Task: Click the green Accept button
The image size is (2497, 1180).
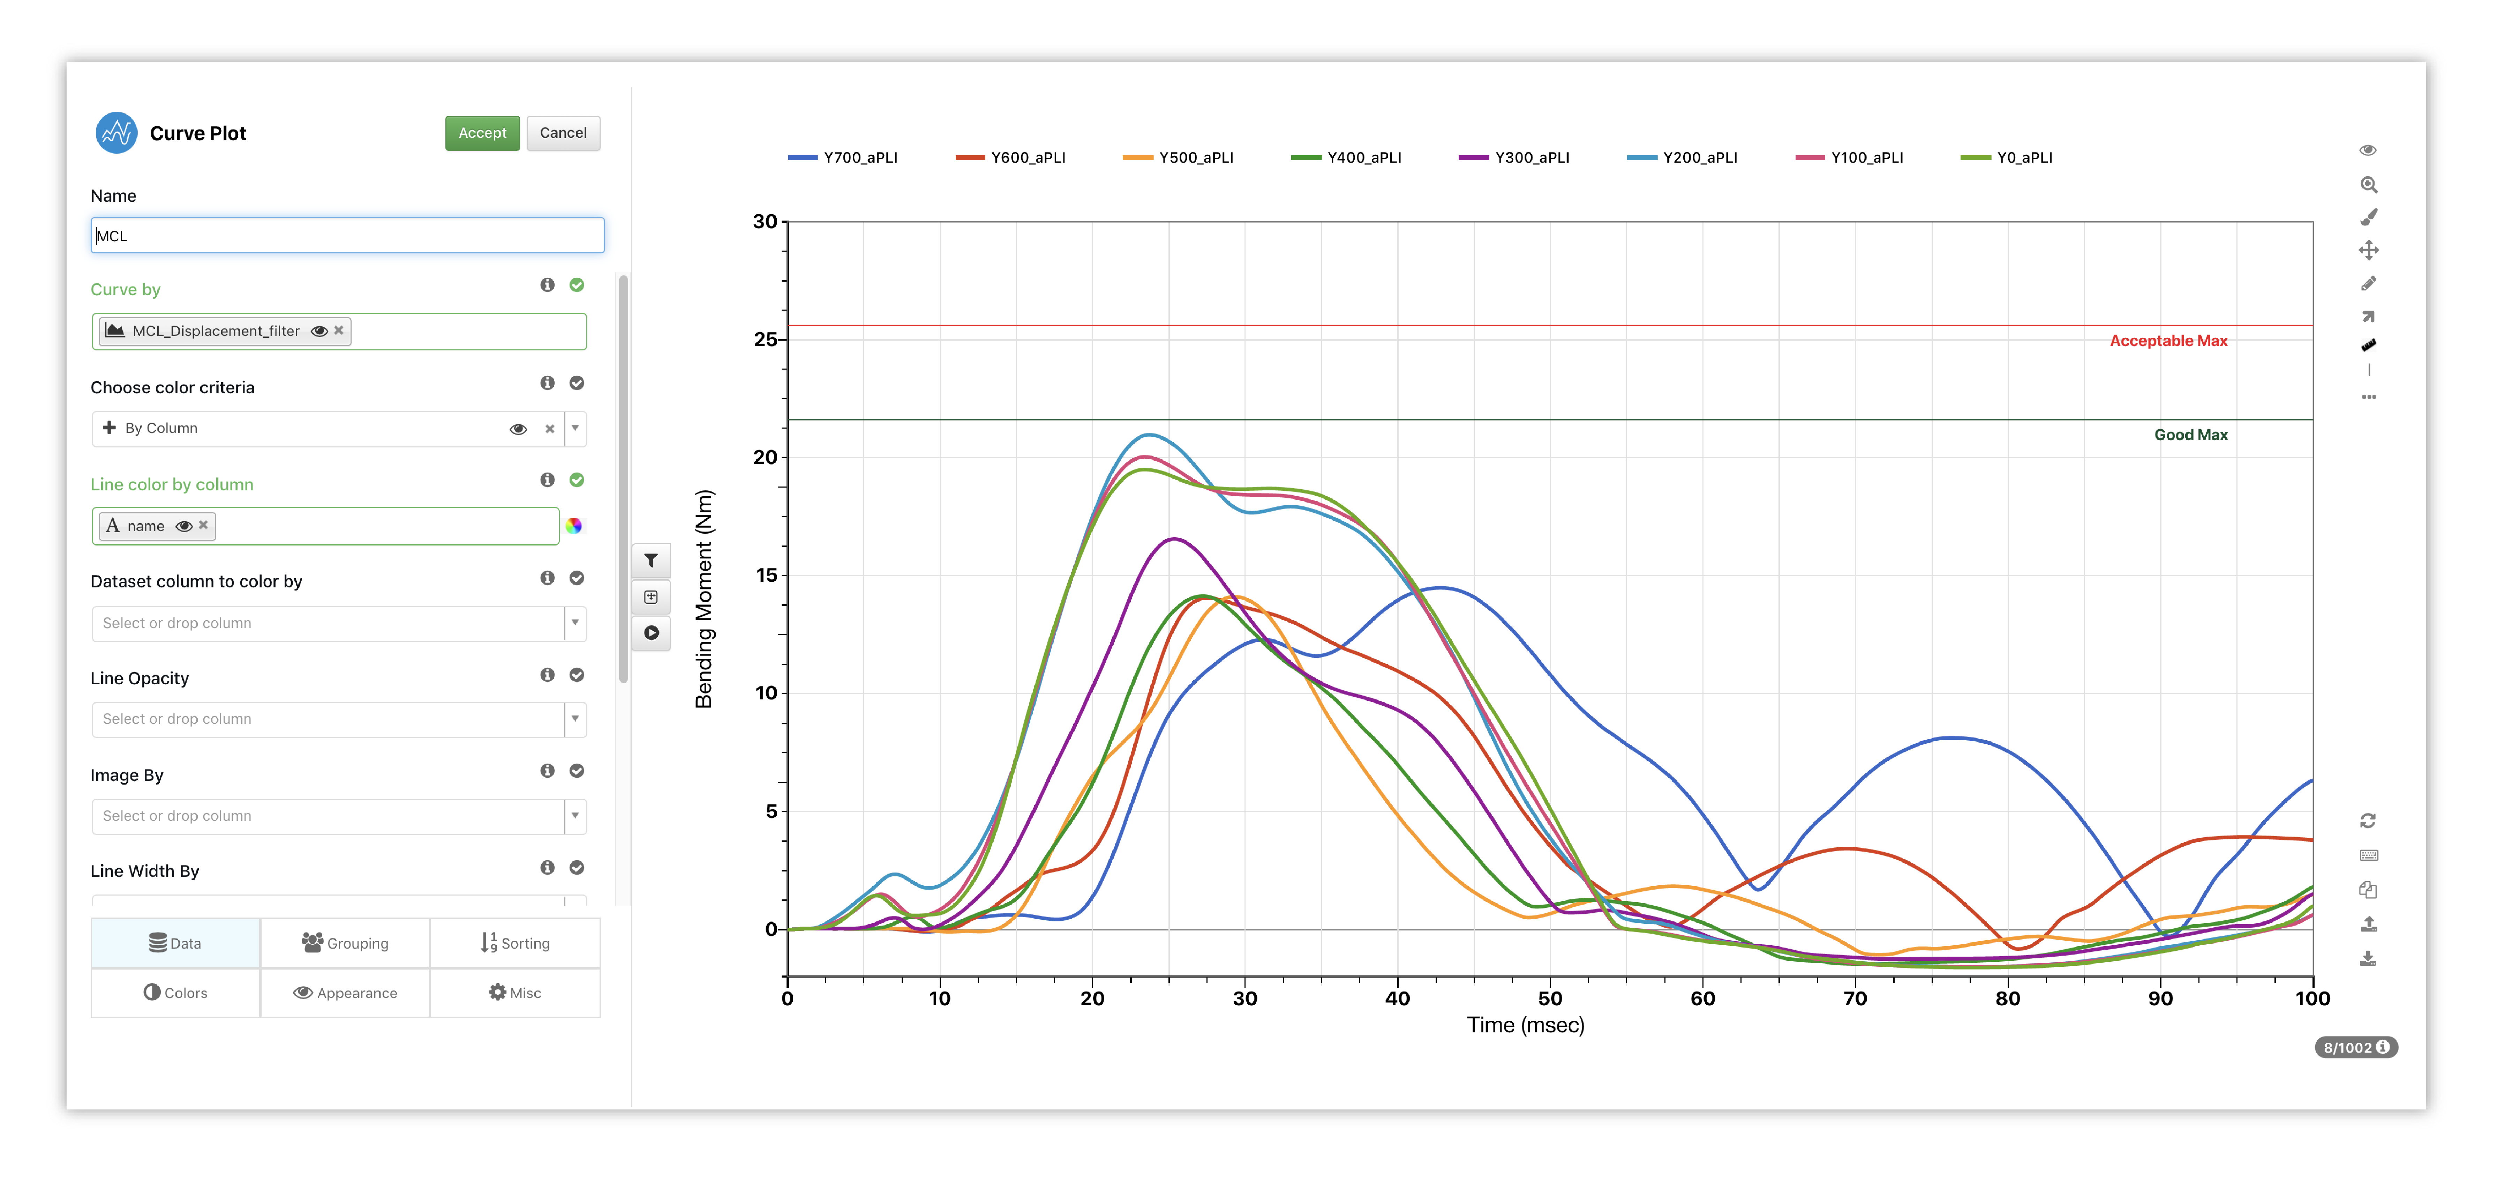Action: tap(482, 133)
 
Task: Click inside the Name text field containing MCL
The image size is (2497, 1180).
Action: tap(347, 236)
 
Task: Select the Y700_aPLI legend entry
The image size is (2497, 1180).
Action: tap(843, 157)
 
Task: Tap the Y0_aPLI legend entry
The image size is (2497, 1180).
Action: tap(2007, 157)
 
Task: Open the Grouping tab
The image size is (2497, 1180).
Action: tap(345, 942)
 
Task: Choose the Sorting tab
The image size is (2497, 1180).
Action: tap(515, 942)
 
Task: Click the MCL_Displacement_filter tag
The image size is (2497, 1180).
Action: tap(215, 331)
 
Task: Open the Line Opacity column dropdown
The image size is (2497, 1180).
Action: tap(575, 719)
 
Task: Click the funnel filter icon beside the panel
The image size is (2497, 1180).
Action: tap(652, 561)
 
